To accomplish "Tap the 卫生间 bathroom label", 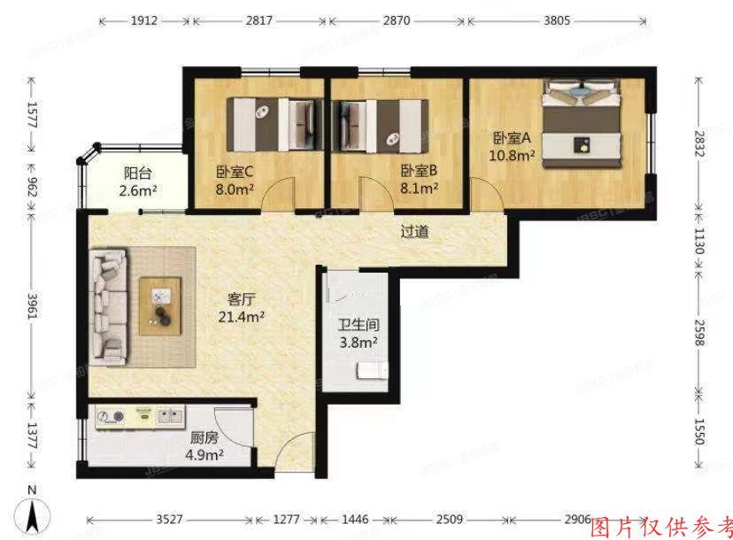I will point(357,324).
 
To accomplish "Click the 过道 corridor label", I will point(414,232).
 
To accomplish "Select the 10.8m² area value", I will point(512,156).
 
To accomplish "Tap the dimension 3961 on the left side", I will point(33,308).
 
